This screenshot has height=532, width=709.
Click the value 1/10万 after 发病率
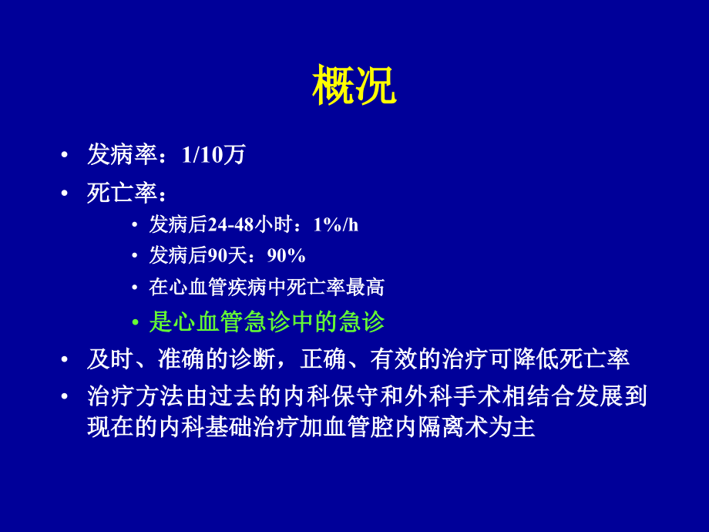213,155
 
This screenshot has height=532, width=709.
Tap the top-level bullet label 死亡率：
128,193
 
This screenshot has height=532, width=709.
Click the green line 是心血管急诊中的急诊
267,322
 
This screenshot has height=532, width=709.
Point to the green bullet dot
136,322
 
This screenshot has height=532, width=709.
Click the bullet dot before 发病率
65,156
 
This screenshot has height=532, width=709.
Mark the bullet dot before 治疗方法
65,398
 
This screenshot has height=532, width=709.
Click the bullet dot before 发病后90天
136,256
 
